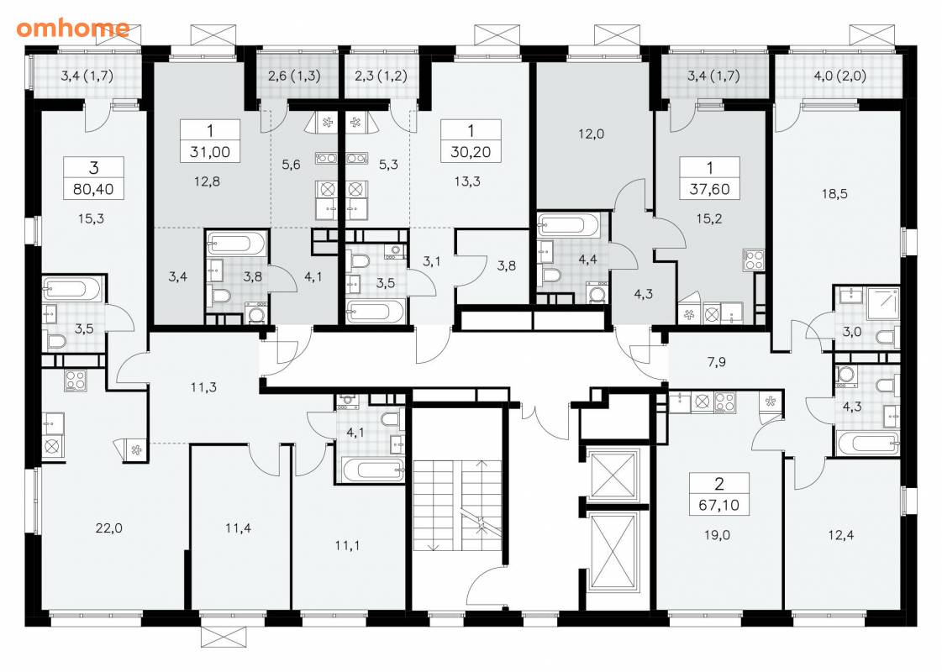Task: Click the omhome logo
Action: tap(73, 29)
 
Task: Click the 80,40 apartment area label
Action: tap(93, 190)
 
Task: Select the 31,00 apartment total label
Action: tap(210, 152)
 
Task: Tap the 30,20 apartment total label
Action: tap(471, 152)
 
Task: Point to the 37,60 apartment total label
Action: tap(709, 189)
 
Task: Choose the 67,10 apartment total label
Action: tap(719, 505)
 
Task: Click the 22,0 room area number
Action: tap(108, 528)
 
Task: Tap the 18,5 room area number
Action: tap(834, 194)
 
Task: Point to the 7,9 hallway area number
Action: tap(716, 362)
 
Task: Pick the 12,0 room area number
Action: tap(591, 134)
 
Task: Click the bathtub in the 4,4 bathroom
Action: tap(568, 225)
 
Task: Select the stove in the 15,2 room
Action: tap(754, 260)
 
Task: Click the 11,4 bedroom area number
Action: tap(238, 528)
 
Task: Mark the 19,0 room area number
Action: tap(717, 535)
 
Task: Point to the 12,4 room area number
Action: tap(840, 535)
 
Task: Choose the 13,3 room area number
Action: tap(467, 181)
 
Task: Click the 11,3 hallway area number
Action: tap(203, 388)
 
